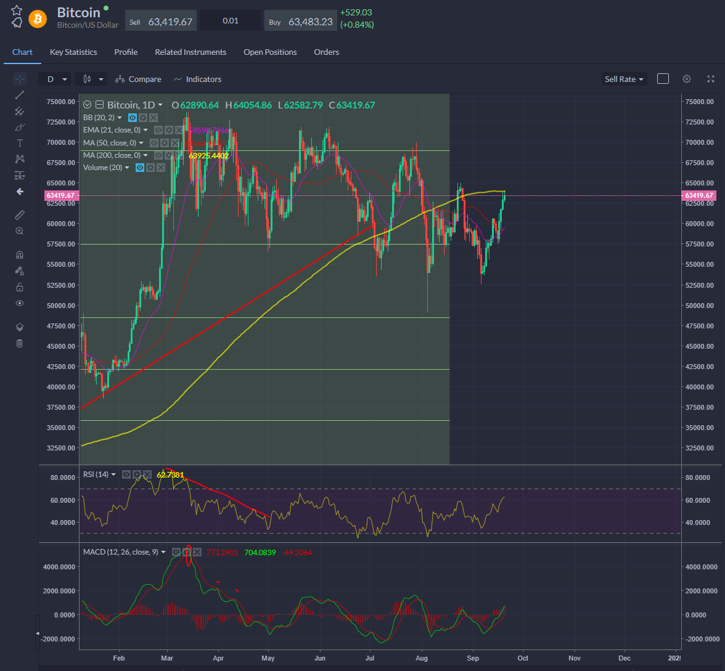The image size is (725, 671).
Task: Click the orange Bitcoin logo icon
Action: click(38, 18)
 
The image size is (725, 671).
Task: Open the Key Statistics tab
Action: click(73, 52)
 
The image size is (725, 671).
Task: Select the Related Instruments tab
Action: click(190, 52)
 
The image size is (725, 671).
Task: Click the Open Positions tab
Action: click(270, 52)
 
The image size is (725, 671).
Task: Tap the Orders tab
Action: click(326, 52)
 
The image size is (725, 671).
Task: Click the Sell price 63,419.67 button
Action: click(161, 22)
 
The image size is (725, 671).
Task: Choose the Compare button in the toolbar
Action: click(139, 79)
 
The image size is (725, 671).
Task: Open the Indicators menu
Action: click(198, 79)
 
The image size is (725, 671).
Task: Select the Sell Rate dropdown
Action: click(624, 79)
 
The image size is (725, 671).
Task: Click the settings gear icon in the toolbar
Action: click(687, 79)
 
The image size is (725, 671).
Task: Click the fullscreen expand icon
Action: click(711, 79)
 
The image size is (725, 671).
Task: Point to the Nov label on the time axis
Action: click(574, 657)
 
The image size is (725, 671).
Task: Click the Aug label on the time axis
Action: click(422, 657)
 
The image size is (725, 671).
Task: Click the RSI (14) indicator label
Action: click(96, 474)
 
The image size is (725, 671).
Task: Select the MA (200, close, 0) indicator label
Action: click(112, 155)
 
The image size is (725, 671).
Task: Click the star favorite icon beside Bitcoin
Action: click(17, 10)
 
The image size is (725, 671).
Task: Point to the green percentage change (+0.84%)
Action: click(357, 25)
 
